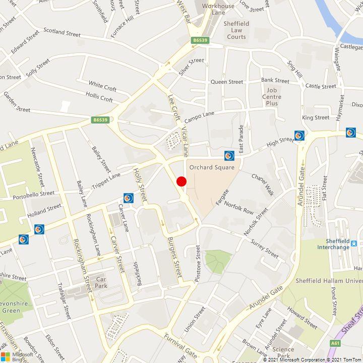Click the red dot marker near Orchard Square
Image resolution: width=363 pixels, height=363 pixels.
(x=181, y=181)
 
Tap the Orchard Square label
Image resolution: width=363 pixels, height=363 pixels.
(x=208, y=167)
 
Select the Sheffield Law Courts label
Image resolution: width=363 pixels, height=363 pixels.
(x=236, y=30)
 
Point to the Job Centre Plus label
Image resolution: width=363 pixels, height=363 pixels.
(x=272, y=96)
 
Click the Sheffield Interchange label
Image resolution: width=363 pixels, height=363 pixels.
(x=333, y=244)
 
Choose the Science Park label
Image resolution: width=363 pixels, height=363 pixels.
(x=283, y=352)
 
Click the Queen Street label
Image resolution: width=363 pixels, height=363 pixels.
(x=227, y=82)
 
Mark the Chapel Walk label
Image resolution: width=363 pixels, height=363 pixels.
(x=262, y=185)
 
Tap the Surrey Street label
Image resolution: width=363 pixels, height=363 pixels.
(x=265, y=249)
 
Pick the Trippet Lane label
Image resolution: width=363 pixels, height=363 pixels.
(x=106, y=182)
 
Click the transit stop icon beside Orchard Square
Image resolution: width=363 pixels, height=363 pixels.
(x=229, y=155)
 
